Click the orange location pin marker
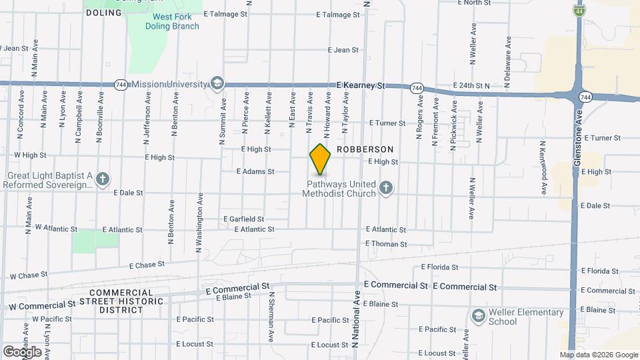[321, 159]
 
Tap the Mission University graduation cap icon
[217, 83]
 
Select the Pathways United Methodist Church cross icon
[386, 189]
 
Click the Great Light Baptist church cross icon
[102, 179]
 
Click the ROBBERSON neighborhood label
[365, 149]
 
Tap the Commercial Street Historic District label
[126, 301]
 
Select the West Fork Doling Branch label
[175, 22]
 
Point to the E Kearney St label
[361, 86]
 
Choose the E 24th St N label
[471, 86]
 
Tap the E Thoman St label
[386, 245]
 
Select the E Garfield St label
[243, 219]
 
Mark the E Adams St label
[255, 171]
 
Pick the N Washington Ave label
[199, 223]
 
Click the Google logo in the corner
[22, 351]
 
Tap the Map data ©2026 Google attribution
[599, 355]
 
